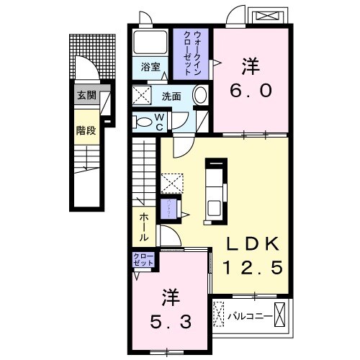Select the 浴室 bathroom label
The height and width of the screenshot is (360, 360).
(150, 67)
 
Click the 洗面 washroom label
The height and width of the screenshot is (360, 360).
(171, 96)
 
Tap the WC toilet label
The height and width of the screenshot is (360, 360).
(161, 122)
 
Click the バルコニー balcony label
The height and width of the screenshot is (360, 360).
(250, 315)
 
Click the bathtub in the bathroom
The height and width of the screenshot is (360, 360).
(150, 42)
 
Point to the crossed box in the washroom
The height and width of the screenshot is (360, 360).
(140, 95)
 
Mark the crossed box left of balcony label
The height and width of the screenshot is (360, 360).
(218, 315)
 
